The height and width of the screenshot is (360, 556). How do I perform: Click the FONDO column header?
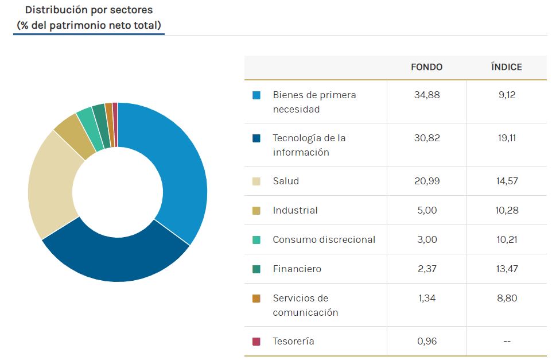[426, 67]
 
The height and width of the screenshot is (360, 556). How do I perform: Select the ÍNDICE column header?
[506, 67]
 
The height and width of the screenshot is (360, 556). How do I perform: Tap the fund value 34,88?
[426, 95]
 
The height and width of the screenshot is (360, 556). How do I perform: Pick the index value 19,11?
[506, 138]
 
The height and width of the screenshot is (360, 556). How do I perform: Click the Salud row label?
[286, 181]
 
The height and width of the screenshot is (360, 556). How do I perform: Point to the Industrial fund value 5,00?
[426, 211]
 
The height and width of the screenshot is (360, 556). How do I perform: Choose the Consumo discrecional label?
[324, 240]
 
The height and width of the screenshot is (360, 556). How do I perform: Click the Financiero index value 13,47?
[506, 269]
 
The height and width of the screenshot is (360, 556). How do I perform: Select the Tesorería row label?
[293, 342]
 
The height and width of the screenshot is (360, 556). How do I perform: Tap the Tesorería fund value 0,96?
[426, 342]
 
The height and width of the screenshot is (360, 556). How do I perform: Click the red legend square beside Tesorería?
[256, 342]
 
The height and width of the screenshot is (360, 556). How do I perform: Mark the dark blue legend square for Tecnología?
[256, 138]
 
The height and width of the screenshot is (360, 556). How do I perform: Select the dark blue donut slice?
[115, 258]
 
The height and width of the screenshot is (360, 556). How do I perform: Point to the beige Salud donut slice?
[52, 184]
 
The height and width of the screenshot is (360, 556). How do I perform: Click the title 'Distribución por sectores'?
[89, 10]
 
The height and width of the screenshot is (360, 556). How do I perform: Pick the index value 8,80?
[506, 299]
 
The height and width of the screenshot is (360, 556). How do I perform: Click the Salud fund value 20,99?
[426, 181]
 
